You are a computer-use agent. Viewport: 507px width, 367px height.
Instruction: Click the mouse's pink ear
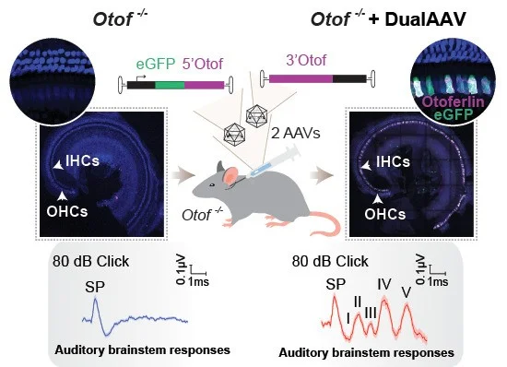pyautogui.click(x=231, y=176)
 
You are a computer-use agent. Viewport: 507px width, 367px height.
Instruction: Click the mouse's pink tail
pyautogui.click(x=325, y=222)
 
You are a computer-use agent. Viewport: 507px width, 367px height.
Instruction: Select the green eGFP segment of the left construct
pyautogui.click(x=170, y=86)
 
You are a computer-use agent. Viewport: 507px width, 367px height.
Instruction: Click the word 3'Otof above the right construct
pyautogui.click(x=306, y=60)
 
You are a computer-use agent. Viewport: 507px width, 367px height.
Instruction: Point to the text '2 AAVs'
pyautogui.click(x=296, y=133)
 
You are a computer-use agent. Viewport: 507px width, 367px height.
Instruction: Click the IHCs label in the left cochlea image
pyautogui.click(x=82, y=160)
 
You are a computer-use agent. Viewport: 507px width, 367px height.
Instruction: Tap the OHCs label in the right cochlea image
pyautogui.click(x=384, y=214)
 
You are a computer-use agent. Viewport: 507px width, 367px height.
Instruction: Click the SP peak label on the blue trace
pyautogui.click(x=95, y=287)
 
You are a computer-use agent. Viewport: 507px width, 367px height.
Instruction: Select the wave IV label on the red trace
pyautogui.click(x=384, y=284)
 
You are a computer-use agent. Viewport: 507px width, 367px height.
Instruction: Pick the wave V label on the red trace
pyautogui.click(x=407, y=292)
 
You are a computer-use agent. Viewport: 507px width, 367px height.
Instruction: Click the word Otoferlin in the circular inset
pyautogui.click(x=454, y=101)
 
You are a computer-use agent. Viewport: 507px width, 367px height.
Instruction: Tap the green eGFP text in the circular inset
pyautogui.click(x=454, y=114)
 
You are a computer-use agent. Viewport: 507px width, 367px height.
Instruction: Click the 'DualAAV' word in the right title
pyautogui.click(x=425, y=19)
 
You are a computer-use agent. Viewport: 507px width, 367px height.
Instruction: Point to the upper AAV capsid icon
pyautogui.click(x=257, y=116)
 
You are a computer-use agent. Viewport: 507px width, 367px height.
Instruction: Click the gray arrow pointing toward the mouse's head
pyautogui.click(x=183, y=175)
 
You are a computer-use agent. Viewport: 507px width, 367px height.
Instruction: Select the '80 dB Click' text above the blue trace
pyautogui.click(x=91, y=261)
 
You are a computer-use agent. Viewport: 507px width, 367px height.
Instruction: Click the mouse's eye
pyautogui.click(x=211, y=185)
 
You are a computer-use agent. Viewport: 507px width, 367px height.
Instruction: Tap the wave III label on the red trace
pyautogui.click(x=371, y=313)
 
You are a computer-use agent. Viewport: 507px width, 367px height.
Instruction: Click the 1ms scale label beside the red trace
pyautogui.click(x=438, y=281)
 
